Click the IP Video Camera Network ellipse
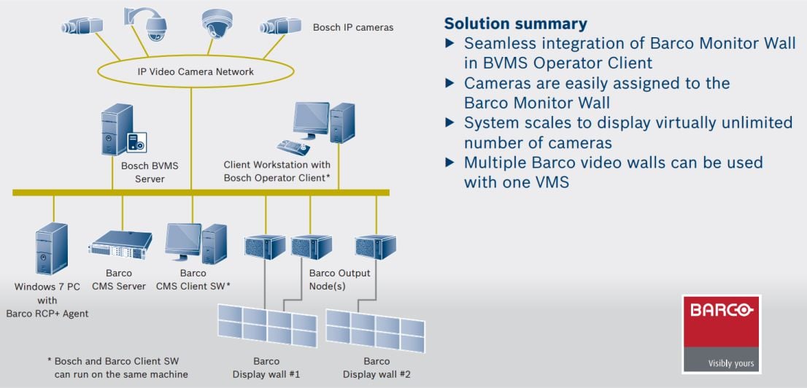click(196, 71)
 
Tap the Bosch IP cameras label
click(352, 28)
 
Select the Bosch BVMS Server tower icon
click(117, 129)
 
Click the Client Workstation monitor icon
click(311, 119)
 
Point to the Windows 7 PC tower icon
click(51, 249)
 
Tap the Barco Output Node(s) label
click(339, 279)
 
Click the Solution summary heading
click(515, 23)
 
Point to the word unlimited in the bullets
click(751, 123)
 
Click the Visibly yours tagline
click(731, 362)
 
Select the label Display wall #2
click(376, 374)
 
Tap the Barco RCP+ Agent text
click(47, 314)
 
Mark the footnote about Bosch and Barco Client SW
click(117, 368)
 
